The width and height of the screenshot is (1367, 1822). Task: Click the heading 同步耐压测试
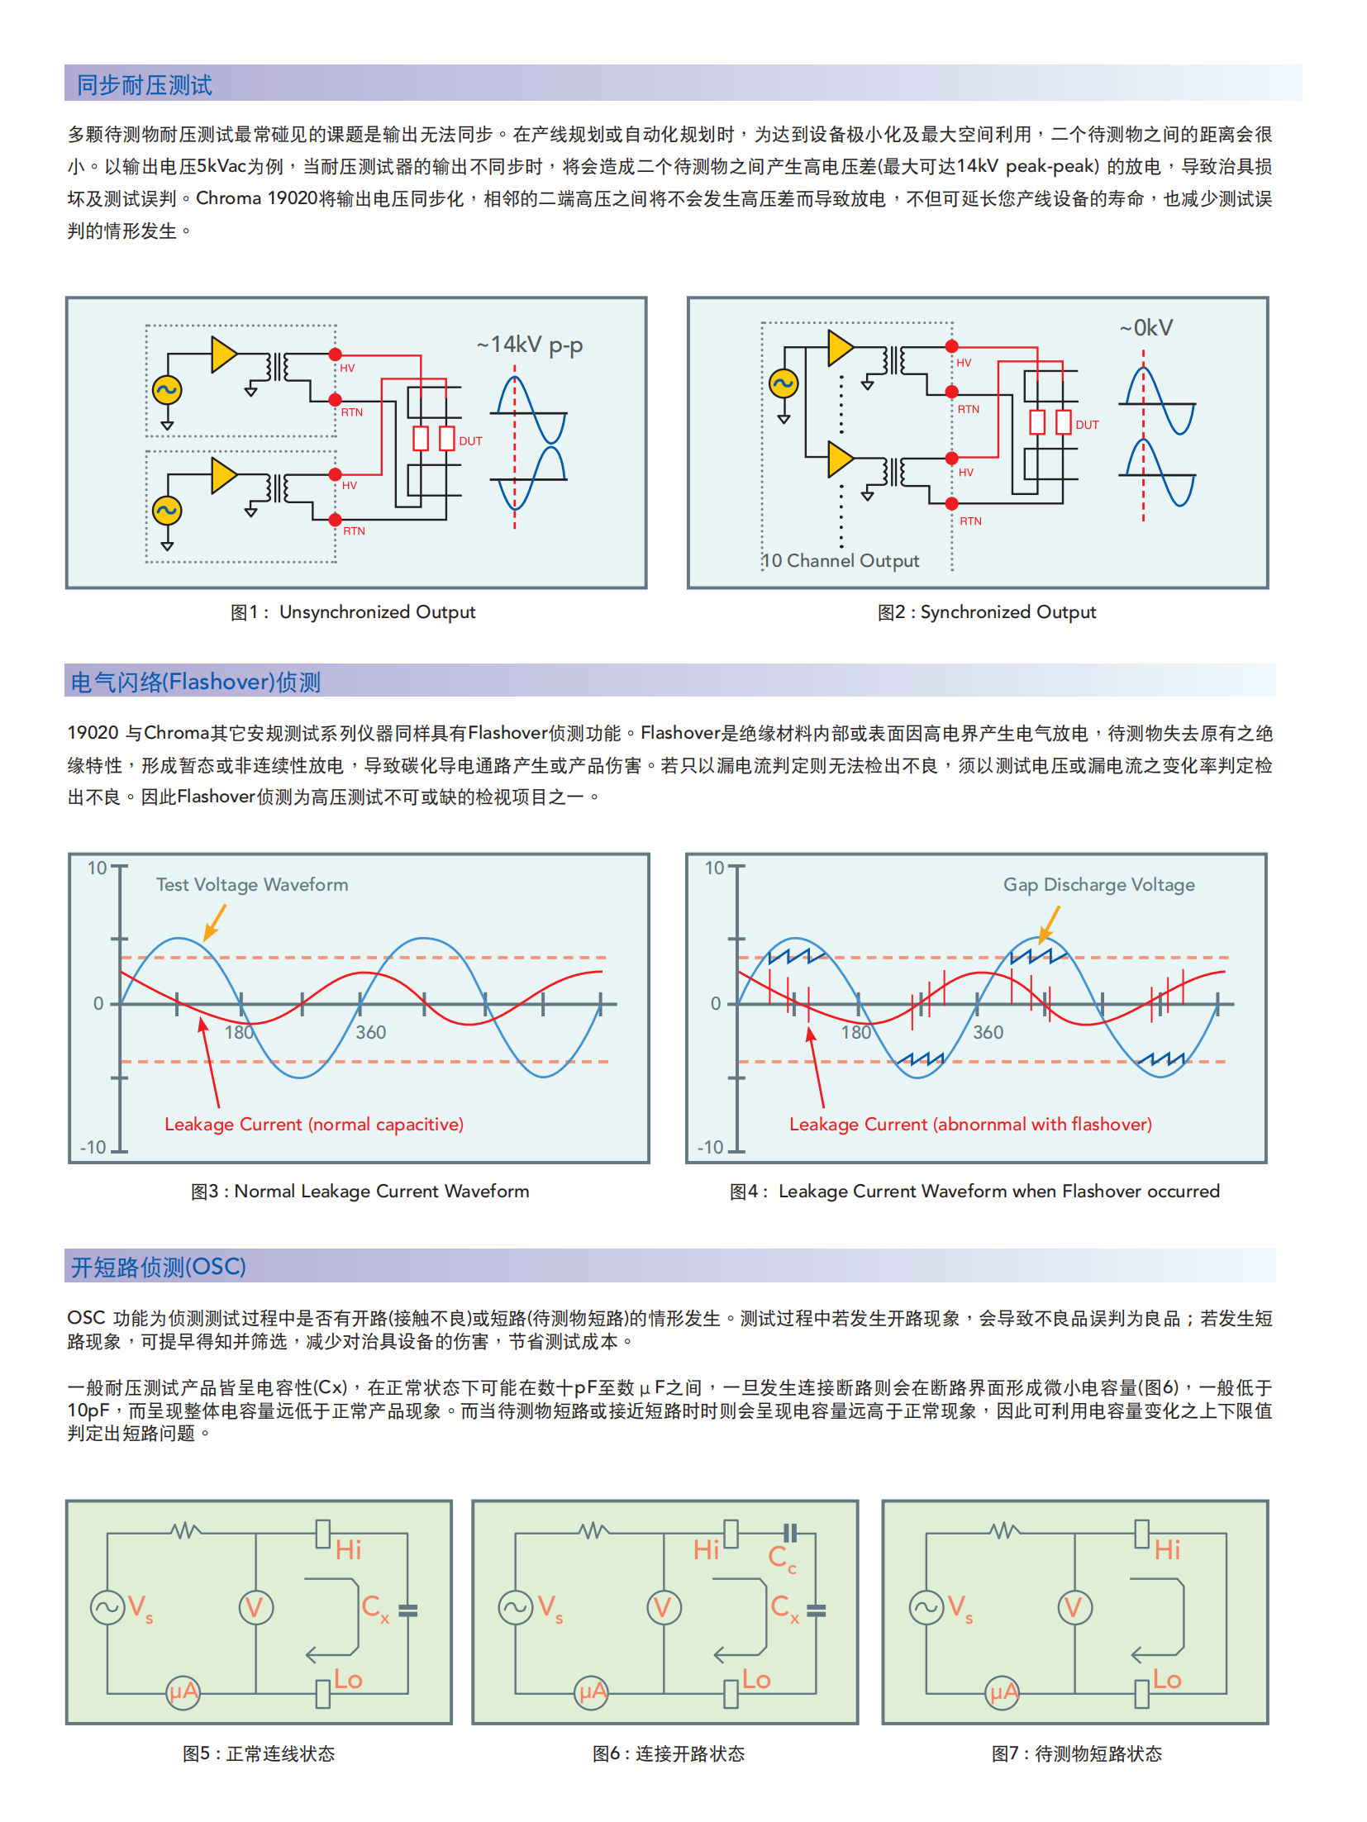(x=145, y=85)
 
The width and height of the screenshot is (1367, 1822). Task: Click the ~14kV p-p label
(x=530, y=345)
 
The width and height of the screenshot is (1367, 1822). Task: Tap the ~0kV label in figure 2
(x=1146, y=328)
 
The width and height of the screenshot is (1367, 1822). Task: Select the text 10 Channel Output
(x=840, y=560)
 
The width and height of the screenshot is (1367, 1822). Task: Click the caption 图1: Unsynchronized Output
(x=353, y=612)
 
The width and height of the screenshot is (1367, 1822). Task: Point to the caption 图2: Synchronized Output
(x=987, y=612)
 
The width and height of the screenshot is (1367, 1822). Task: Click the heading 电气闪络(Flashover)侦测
(x=196, y=682)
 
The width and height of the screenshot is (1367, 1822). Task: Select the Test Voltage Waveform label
(x=252, y=884)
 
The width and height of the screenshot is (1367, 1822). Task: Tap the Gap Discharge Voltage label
(x=1098, y=884)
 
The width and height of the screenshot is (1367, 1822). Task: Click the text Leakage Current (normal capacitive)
(x=314, y=1124)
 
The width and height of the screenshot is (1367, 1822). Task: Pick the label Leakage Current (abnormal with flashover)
(x=970, y=1124)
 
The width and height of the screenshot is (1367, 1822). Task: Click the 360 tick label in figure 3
(x=371, y=1032)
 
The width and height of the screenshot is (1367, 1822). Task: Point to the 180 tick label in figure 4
(x=856, y=1032)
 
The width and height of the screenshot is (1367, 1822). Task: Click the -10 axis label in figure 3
(x=93, y=1147)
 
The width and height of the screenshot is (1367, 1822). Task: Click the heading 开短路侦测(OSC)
(x=159, y=1267)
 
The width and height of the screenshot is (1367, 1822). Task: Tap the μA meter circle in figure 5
(x=183, y=1691)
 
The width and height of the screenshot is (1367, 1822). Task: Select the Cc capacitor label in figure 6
(x=782, y=1558)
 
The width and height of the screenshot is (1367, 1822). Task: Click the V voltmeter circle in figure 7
(x=1074, y=1607)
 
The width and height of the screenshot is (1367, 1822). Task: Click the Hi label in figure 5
(x=348, y=1549)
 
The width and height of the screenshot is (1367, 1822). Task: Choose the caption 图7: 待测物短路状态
(x=1076, y=1753)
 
